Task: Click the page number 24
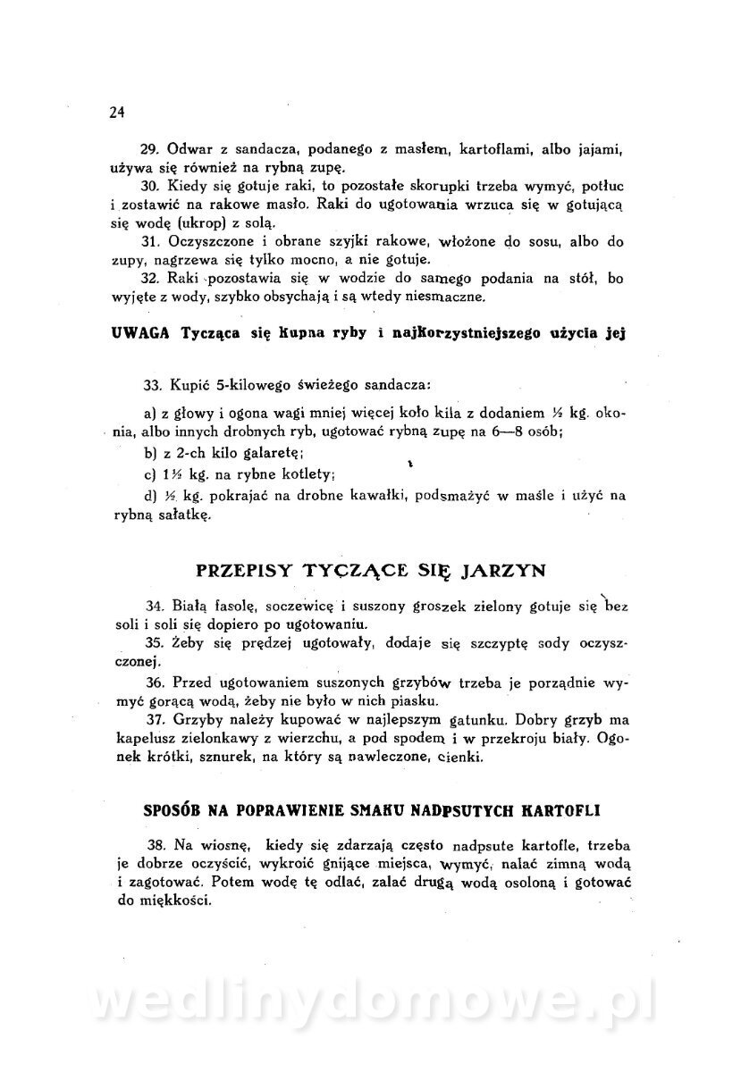coord(115,112)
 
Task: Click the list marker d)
coord(149,496)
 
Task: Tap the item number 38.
coord(156,842)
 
